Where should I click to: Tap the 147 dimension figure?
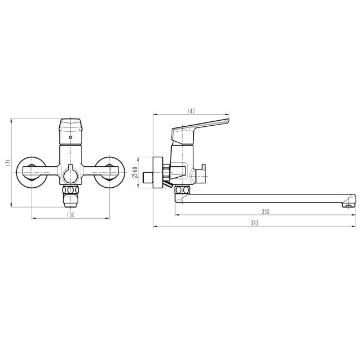click(191, 111)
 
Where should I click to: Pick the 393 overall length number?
click(254, 223)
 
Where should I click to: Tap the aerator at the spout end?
click(349, 205)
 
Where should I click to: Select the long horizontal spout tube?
click(266, 198)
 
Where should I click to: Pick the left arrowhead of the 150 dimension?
click(32, 218)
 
